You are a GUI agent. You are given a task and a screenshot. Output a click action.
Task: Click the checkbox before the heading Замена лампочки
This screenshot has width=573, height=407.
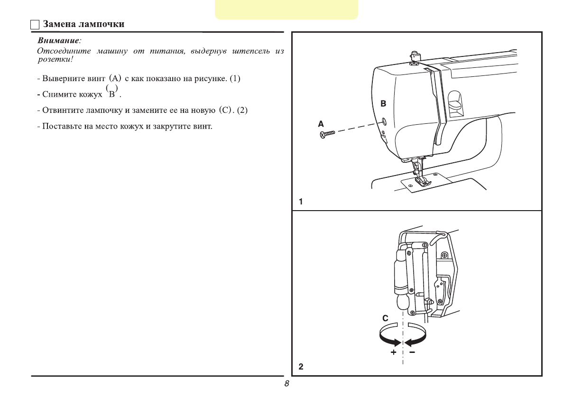35,25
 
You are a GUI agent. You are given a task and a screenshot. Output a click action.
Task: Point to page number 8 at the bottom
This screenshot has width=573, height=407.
286,384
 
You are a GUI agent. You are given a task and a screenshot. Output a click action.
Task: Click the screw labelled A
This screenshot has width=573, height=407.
327,134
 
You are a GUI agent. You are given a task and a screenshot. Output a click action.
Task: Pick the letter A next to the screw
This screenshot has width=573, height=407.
321,124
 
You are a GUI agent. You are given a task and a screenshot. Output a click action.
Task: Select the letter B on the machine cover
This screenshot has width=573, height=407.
383,103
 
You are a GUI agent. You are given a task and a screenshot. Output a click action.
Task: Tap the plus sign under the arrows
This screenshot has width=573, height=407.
393,353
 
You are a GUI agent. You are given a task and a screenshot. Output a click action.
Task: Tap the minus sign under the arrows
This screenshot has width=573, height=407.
412,353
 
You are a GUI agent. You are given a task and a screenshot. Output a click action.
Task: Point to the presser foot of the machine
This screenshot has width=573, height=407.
420,183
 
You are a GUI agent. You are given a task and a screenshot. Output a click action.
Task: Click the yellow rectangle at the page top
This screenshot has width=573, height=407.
286,9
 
